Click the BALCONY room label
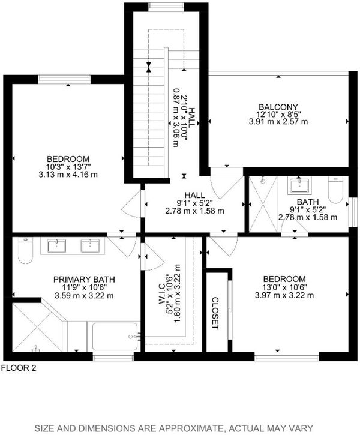click(x=278, y=107)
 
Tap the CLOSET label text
click(x=215, y=313)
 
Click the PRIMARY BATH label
click(x=84, y=279)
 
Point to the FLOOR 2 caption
click(x=19, y=368)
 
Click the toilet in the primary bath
click(x=25, y=250)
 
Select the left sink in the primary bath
click(x=56, y=246)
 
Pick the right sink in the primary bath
click(x=90, y=246)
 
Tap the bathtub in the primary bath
click(x=115, y=337)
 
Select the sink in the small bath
click(x=299, y=185)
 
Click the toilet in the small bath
click(x=335, y=190)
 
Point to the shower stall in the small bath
click(x=263, y=204)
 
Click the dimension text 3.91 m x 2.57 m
click(x=278, y=122)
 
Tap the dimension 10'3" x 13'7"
click(x=68, y=167)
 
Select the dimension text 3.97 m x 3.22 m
click(x=284, y=295)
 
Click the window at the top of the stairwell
click(x=166, y=6)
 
